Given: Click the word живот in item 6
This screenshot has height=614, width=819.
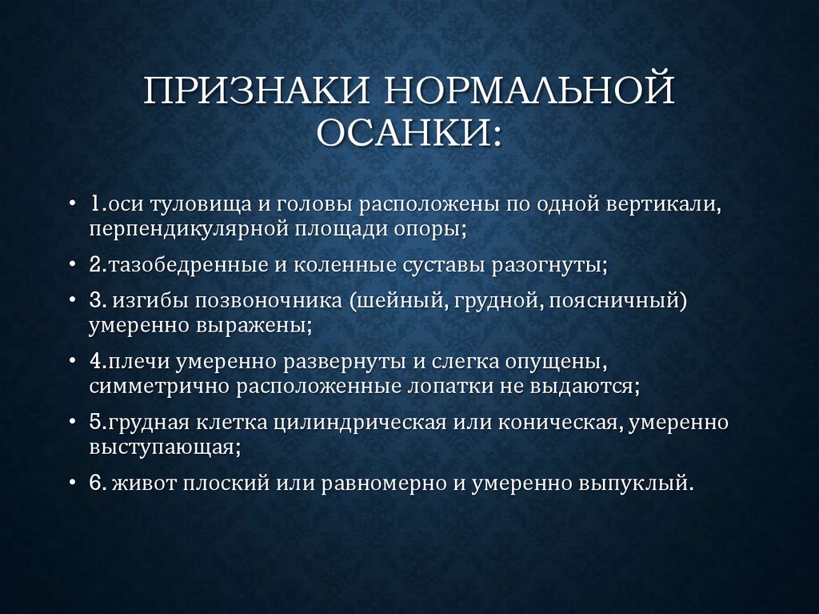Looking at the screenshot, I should tap(146, 484).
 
